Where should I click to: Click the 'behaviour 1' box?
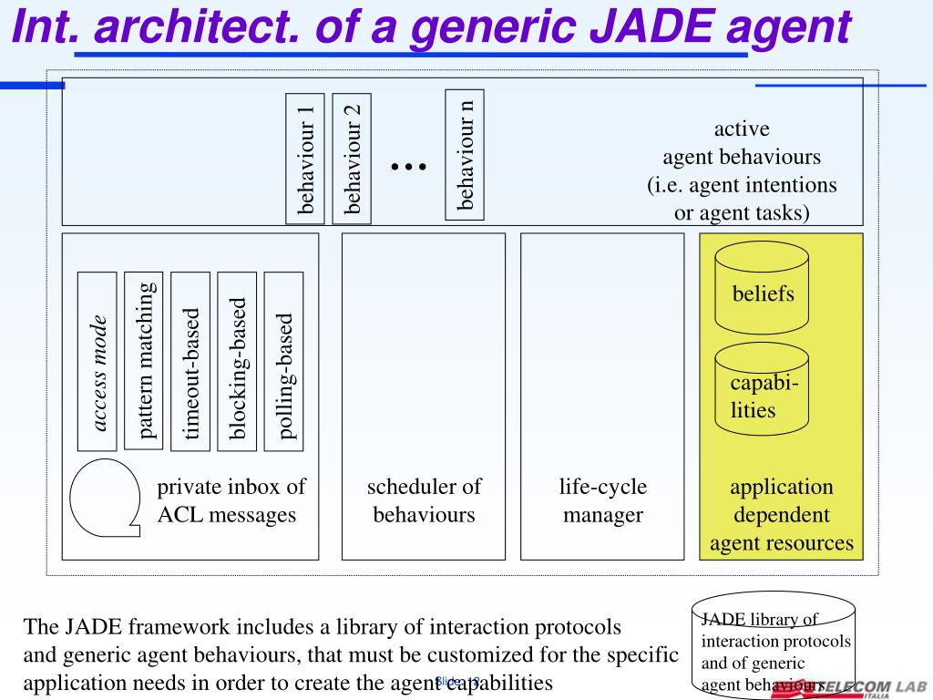coord(305,159)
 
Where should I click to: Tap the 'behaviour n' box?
coord(465,154)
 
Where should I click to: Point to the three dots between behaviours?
coord(408,166)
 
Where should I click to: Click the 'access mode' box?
coord(97,361)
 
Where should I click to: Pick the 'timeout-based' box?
coord(190,361)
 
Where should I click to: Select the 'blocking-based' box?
coord(237,361)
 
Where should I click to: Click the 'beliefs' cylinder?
coord(762,292)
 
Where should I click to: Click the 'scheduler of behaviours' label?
coord(424,500)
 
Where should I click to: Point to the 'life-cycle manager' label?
coord(602,500)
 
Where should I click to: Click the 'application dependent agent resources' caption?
coord(781,515)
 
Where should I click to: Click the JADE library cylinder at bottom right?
coord(774,644)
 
